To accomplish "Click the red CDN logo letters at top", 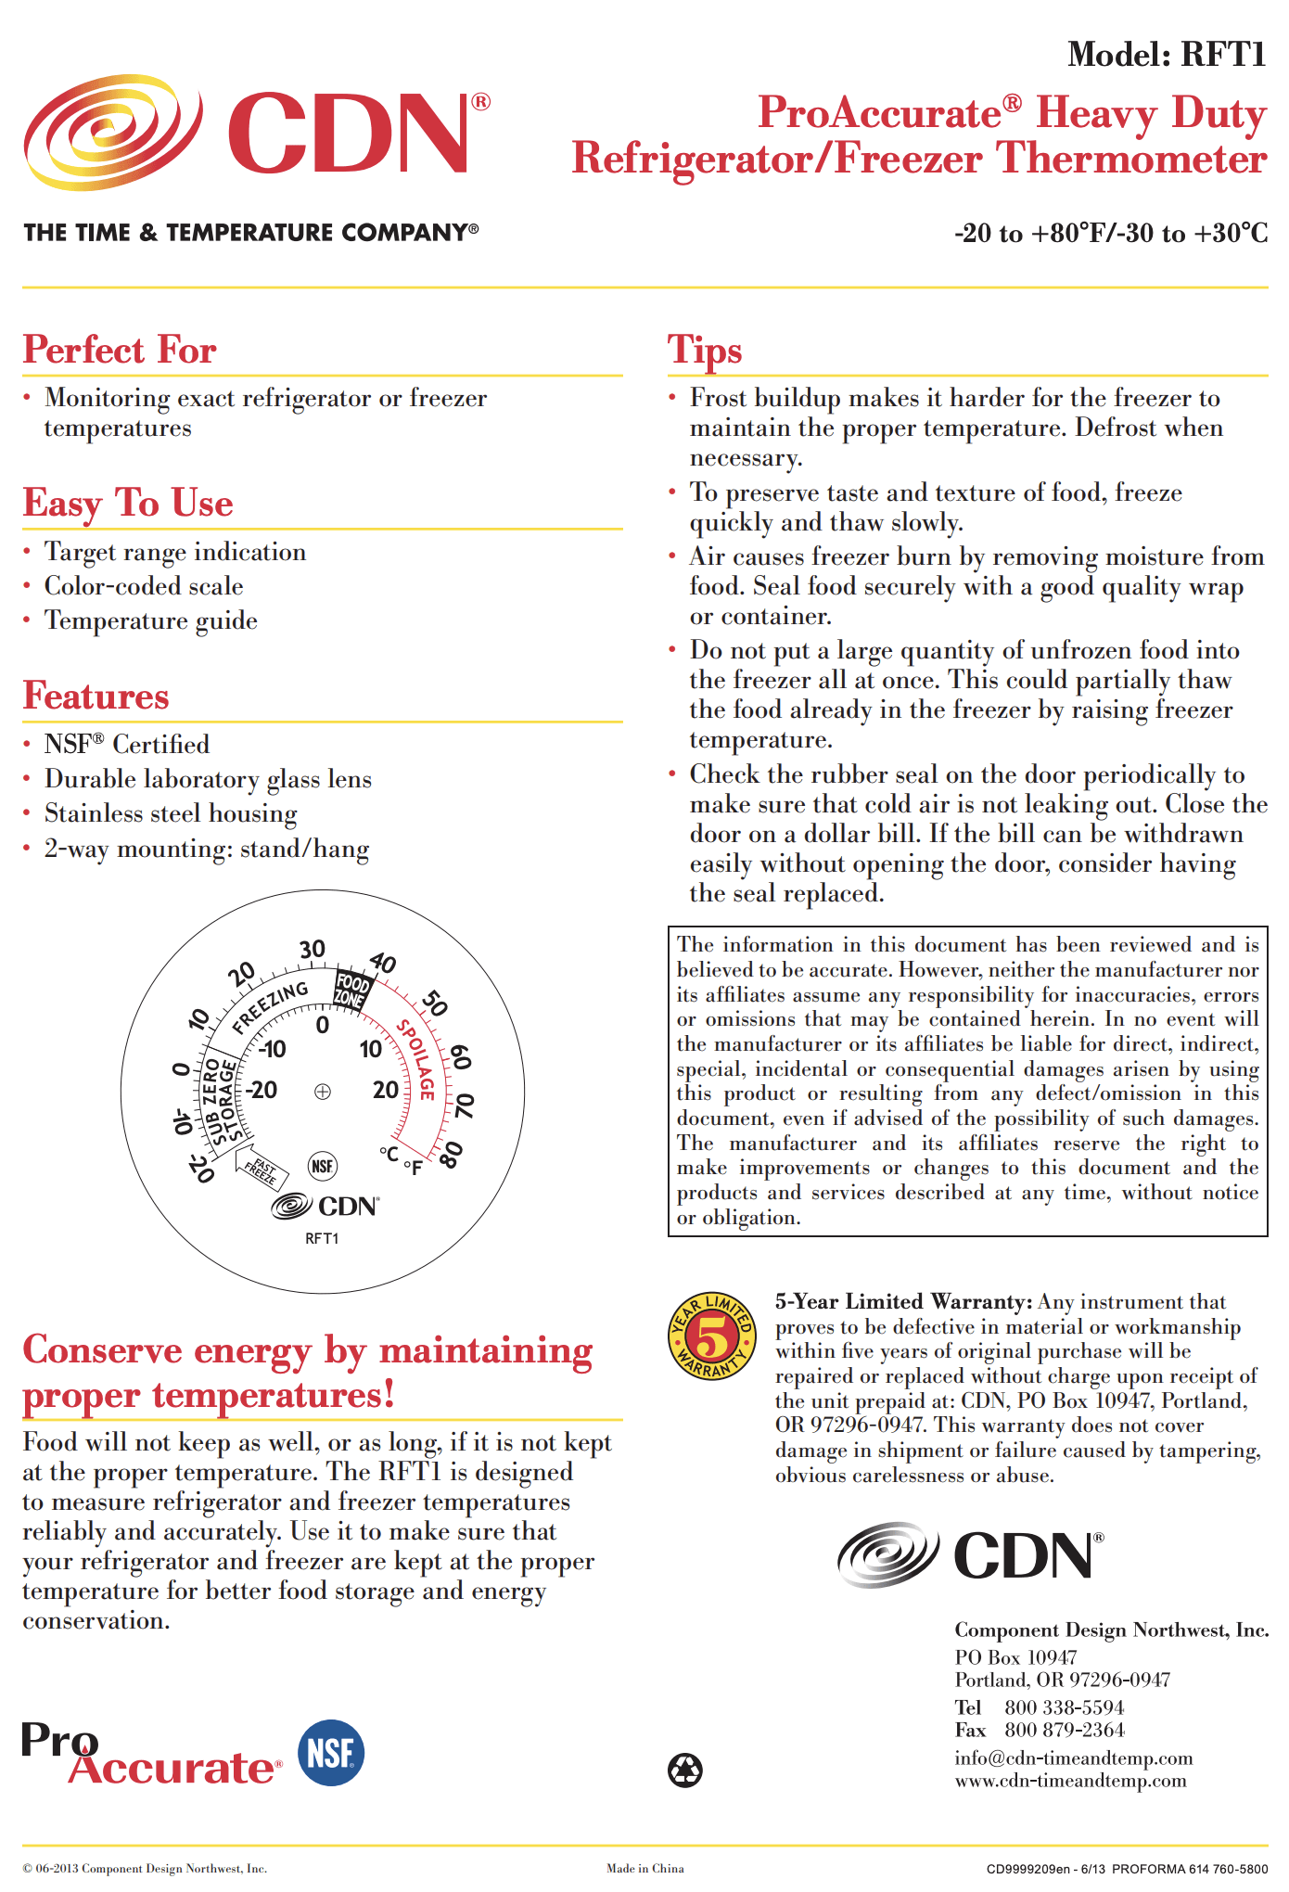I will (349, 134).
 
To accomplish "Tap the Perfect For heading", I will (120, 351).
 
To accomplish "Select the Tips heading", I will (705, 351).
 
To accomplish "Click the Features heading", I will (96, 697).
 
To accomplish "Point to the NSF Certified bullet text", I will (127, 745).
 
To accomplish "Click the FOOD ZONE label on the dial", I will (351, 991).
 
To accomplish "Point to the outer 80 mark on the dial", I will (451, 1156).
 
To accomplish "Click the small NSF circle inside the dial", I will (322, 1166).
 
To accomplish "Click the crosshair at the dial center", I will (322, 1092).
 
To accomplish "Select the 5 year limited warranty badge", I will (712, 1336).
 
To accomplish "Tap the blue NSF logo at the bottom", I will (331, 1753).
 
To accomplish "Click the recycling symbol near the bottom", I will (685, 1770).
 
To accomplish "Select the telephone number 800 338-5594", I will (1064, 1707).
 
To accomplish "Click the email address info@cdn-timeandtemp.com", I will (1073, 1758).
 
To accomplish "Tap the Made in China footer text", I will (644, 1868).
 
